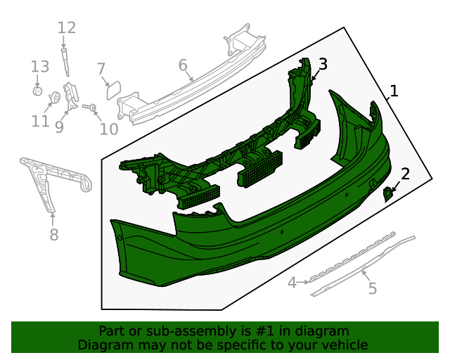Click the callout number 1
(394, 91)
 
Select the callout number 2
(406, 173)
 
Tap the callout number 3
(323, 65)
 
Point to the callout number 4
(292, 283)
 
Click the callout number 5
(373, 288)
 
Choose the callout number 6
(183, 65)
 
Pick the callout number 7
(101, 68)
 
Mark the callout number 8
(54, 234)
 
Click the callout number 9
(59, 127)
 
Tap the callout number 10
(109, 129)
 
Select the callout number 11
(40, 122)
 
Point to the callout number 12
(66, 28)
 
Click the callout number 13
(39, 67)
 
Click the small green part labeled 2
(387, 194)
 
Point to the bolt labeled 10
(90, 107)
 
